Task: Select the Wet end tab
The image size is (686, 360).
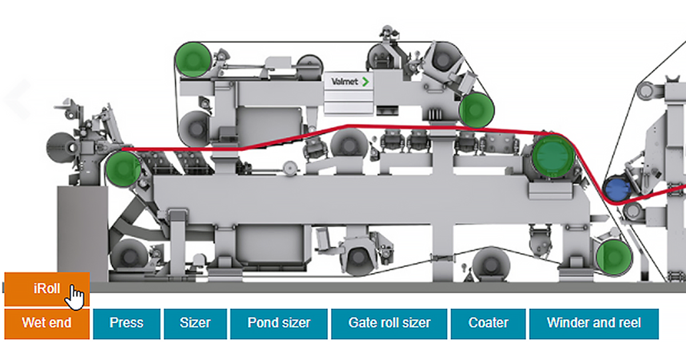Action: (x=47, y=323)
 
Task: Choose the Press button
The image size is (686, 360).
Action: (x=126, y=323)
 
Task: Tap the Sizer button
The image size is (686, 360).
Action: (x=196, y=323)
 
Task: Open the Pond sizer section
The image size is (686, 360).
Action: (x=279, y=323)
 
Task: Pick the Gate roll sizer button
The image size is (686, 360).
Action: (x=389, y=323)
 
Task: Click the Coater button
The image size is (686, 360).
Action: (x=488, y=323)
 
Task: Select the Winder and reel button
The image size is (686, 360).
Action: (x=594, y=323)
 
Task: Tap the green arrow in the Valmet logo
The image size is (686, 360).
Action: (x=365, y=82)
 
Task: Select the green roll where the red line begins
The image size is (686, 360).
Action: (x=123, y=170)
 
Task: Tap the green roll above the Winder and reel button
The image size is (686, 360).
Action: (x=614, y=257)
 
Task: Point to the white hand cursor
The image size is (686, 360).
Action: (x=76, y=297)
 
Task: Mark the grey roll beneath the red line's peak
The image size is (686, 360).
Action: (x=349, y=143)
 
